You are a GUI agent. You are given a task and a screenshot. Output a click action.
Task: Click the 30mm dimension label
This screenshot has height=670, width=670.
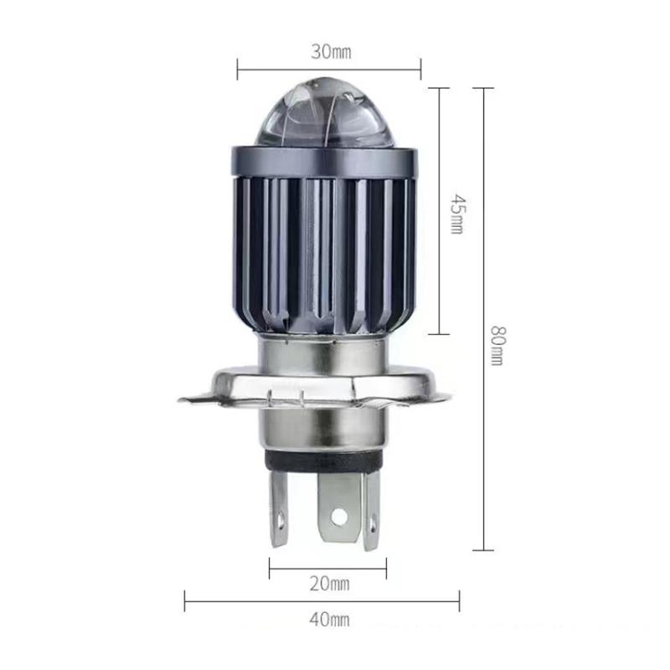pyautogui.click(x=330, y=52)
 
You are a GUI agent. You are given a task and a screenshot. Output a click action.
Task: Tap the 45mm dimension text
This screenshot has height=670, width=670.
pyautogui.click(x=456, y=214)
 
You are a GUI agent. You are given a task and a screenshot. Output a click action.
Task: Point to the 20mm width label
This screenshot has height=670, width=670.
pyautogui.click(x=329, y=583)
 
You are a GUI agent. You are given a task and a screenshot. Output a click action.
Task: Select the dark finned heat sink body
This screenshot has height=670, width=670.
pyautogui.click(x=322, y=243)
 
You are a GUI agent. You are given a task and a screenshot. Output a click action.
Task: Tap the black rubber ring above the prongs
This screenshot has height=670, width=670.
pyautogui.click(x=322, y=464)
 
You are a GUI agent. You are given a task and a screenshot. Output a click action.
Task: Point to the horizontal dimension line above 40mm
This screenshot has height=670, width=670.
pyautogui.click(x=322, y=599)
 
